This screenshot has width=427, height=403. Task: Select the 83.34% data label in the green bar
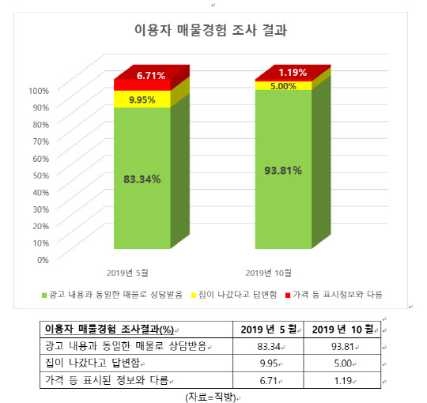[x=142, y=179]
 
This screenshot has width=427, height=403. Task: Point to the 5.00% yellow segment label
[x=283, y=86]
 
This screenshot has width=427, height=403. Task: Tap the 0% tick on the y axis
[x=43, y=259]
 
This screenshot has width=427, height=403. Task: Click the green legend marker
[x=43, y=294]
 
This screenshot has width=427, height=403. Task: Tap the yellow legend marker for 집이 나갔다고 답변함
[x=193, y=294]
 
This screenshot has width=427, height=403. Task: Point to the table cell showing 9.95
[x=270, y=363]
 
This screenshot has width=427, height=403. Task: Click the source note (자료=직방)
[x=213, y=396]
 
